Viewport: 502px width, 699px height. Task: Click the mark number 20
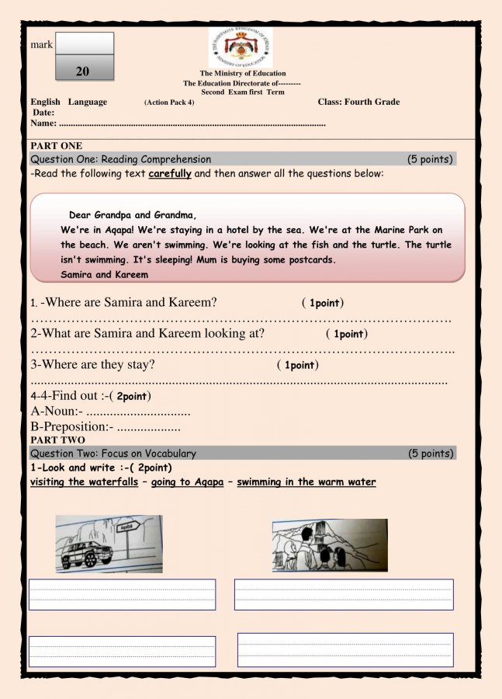coord(83,71)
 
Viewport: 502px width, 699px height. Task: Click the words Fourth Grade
coord(371,102)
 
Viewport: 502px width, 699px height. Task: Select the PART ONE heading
coord(57,146)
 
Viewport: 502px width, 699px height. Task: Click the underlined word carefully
coord(170,174)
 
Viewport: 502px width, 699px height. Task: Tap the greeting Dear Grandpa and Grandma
coord(133,215)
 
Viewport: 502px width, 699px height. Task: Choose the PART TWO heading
coord(57,440)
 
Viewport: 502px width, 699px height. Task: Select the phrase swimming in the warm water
coord(306,482)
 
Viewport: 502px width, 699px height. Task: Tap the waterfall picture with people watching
coord(329,545)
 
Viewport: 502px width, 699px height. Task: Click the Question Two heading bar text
coord(113,454)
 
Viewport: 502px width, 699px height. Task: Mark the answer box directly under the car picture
coord(122,594)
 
